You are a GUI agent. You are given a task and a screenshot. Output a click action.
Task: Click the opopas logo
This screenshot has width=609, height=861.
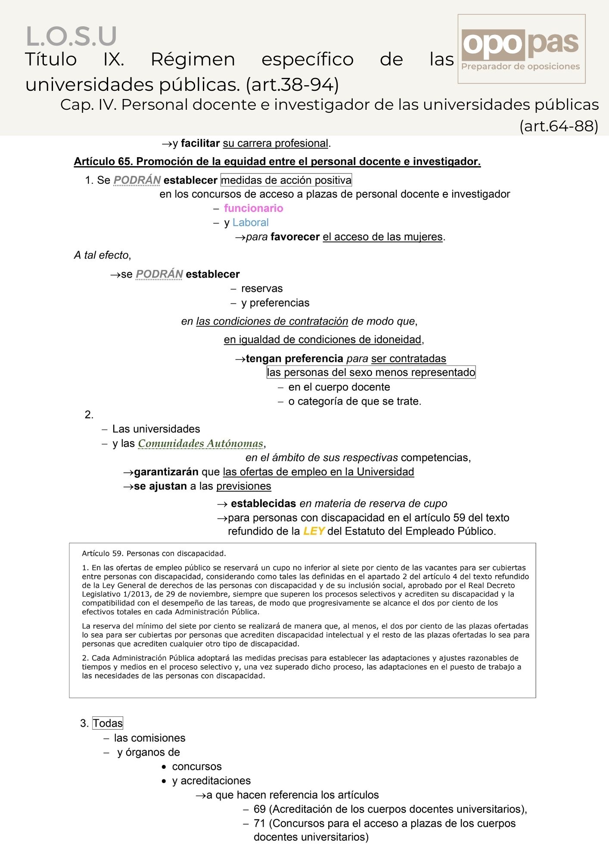(521, 49)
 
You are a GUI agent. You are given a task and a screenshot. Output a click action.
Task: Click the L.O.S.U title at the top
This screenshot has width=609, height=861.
(71, 36)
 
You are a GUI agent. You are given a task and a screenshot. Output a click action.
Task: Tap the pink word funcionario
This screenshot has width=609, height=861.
(253, 208)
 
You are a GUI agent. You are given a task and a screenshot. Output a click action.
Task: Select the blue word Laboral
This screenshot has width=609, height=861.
(250, 223)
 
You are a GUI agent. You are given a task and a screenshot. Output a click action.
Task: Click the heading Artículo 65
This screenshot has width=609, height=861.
(277, 161)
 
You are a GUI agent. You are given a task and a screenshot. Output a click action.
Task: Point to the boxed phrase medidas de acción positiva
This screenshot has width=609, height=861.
(286, 180)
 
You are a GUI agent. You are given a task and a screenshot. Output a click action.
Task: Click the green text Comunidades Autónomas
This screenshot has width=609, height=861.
(201, 443)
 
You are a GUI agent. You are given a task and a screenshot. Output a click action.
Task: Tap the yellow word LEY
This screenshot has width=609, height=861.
(314, 531)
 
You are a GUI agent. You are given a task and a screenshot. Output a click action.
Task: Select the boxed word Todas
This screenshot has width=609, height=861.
(108, 723)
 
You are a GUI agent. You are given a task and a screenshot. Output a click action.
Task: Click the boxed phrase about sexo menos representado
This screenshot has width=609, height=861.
(371, 372)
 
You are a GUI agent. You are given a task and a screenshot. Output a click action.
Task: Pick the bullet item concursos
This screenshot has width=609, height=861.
(196, 766)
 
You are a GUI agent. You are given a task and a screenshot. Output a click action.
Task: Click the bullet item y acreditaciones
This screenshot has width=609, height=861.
(211, 780)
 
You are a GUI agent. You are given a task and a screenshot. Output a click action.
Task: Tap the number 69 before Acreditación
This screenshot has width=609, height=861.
(259, 809)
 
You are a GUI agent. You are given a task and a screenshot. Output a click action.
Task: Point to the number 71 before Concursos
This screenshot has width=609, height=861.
(259, 823)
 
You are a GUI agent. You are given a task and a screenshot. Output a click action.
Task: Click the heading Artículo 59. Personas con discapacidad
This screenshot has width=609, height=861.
(154, 553)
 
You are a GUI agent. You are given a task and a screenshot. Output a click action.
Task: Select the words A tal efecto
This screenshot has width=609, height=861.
(102, 255)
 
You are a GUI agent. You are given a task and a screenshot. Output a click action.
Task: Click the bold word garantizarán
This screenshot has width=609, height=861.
(166, 472)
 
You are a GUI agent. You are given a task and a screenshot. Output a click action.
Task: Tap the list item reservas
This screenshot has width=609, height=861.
(262, 288)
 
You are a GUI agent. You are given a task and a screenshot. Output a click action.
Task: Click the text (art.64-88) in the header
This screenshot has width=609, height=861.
(559, 126)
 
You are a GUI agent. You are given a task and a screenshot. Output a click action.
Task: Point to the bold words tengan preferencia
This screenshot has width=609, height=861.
(294, 358)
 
